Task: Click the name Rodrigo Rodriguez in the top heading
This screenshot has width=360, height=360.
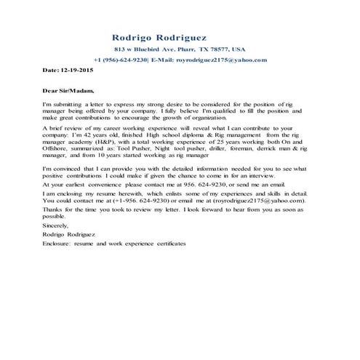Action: tap(159, 36)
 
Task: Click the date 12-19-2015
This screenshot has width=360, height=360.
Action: tap(77, 71)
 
